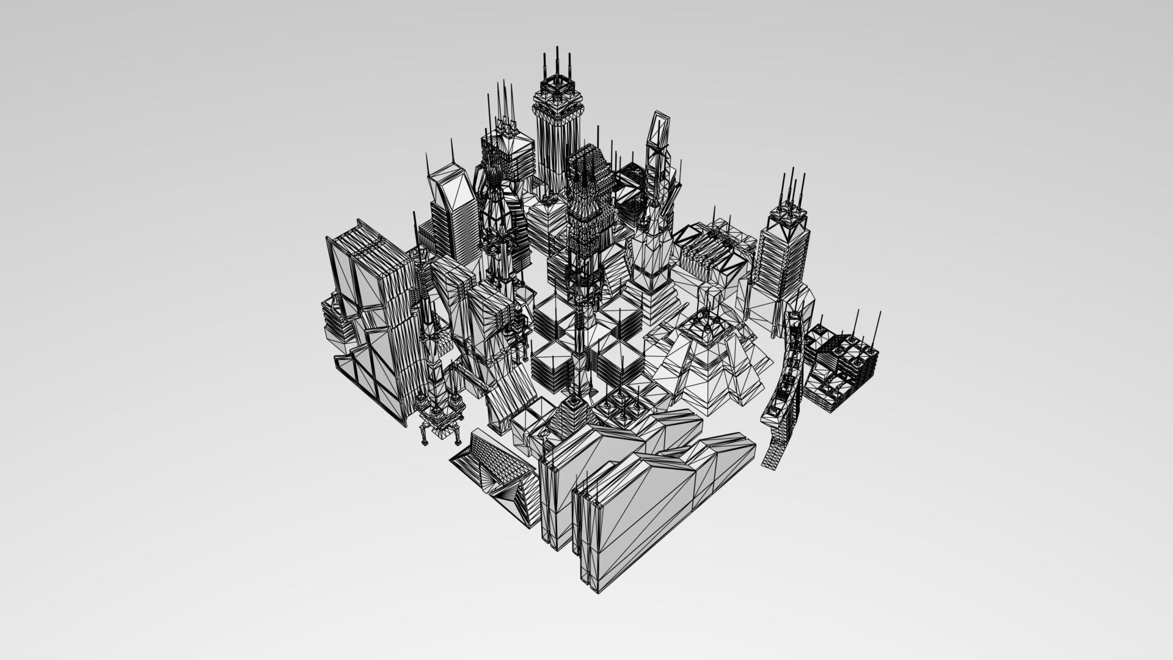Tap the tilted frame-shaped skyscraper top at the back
tap(660, 131)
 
